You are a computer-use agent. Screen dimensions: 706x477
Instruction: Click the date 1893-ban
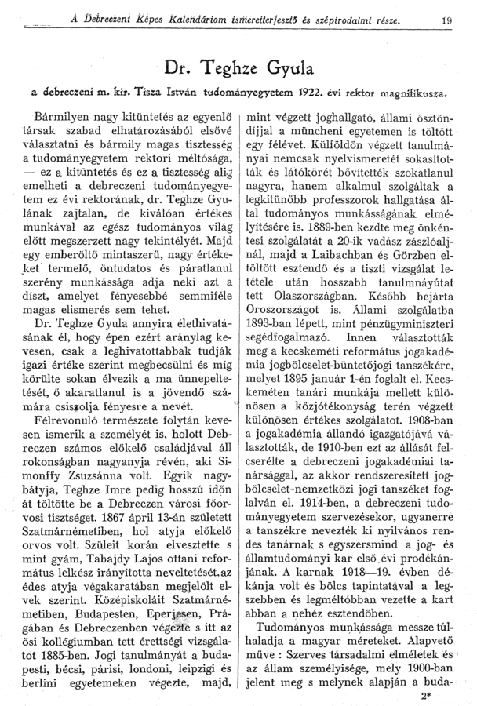point(274,373)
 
